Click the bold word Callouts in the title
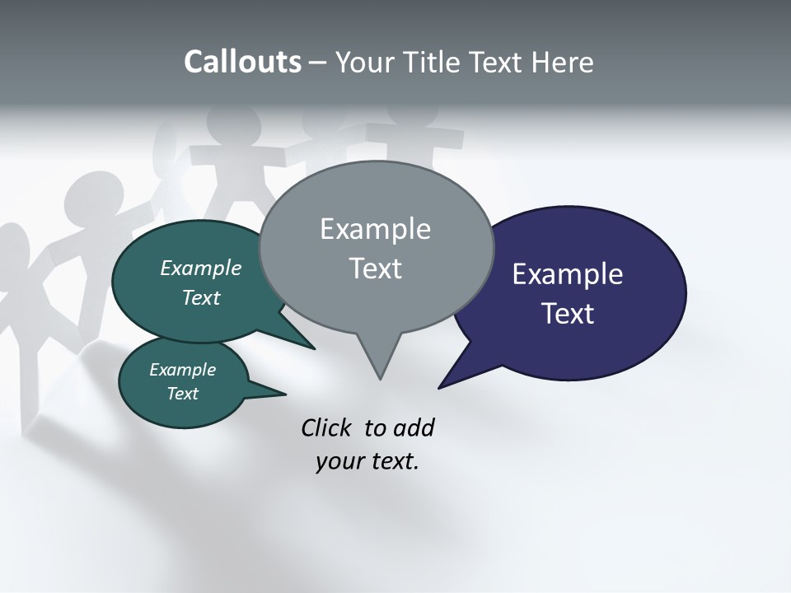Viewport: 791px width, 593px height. (242, 63)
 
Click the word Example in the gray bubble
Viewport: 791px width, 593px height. (375, 229)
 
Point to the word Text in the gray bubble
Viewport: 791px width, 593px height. (375, 268)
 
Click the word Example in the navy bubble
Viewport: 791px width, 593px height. (568, 273)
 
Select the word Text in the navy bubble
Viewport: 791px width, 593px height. (568, 314)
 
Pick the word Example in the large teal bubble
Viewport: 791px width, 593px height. (201, 268)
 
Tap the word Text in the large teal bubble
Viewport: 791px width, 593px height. (201, 297)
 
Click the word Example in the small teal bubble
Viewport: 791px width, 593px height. (183, 370)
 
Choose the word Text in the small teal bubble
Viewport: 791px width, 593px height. (183, 394)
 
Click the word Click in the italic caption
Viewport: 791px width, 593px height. (326, 428)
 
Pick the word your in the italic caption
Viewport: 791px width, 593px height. (339, 461)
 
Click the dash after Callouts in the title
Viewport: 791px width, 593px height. (318, 63)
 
